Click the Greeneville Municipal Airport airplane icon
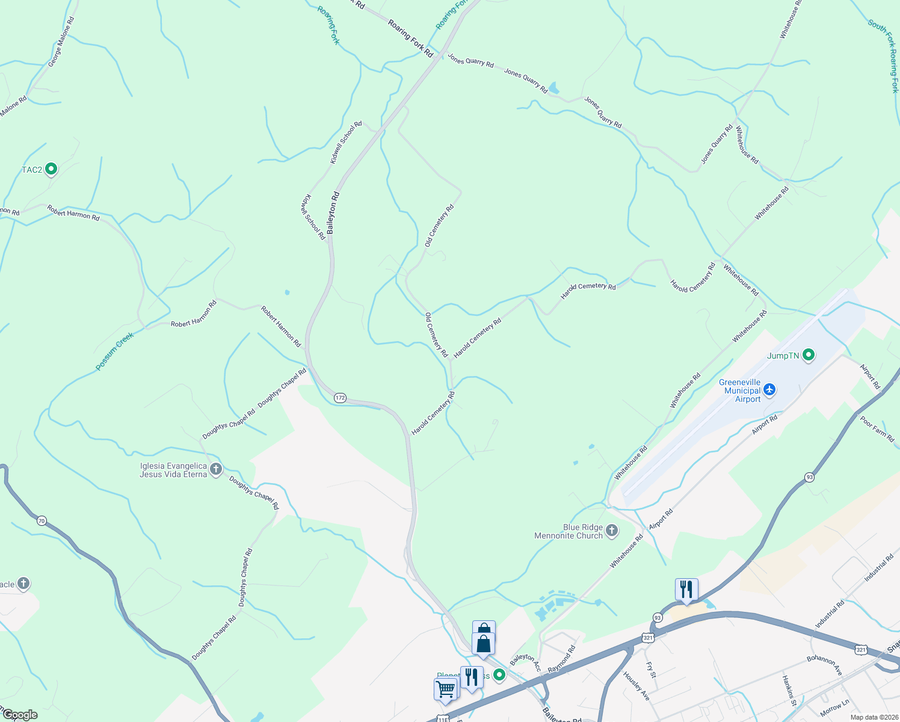(769, 390)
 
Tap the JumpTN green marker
(809, 356)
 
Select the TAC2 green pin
(51, 170)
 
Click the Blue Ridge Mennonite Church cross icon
(612, 531)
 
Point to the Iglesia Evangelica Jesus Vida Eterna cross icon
(216, 469)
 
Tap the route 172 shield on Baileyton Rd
(341, 398)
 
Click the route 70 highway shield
(41, 520)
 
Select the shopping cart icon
(445, 690)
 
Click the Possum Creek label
(114, 351)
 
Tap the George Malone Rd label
(61, 41)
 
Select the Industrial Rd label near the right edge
(878, 569)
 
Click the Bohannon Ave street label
(825, 664)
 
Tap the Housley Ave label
(636, 685)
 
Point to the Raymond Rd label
(561, 659)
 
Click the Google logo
(20, 715)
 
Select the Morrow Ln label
(834, 707)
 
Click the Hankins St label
(789, 690)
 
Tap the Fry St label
(650, 670)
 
